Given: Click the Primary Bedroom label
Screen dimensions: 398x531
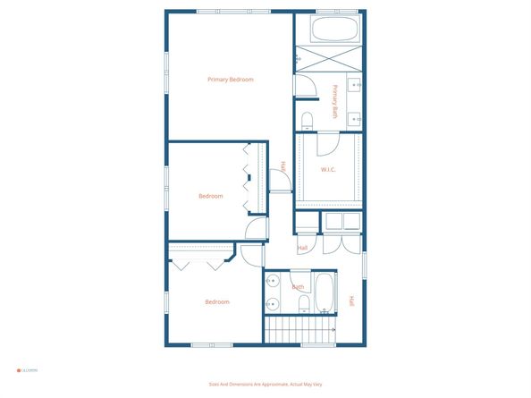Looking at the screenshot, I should point(231,80).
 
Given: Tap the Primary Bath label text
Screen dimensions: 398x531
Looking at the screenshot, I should point(335,101).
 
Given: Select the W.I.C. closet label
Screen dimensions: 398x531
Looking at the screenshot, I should point(328,169).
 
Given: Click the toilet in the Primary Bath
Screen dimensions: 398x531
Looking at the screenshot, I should point(307,120).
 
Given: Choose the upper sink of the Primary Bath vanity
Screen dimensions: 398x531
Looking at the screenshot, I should point(355,87).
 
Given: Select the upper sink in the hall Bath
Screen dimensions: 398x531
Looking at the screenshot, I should point(272,284).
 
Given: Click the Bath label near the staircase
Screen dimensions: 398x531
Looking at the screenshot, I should point(298,287).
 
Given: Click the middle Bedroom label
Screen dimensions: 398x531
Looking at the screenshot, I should point(211,196).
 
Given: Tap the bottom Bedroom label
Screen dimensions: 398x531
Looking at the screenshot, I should point(217,301).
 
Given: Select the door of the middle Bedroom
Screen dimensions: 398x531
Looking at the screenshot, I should point(257,229).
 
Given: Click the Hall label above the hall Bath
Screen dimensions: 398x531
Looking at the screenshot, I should point(302,248).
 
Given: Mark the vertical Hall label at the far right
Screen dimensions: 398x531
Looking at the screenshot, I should point(352,301).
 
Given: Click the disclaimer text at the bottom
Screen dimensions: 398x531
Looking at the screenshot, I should point(265,384).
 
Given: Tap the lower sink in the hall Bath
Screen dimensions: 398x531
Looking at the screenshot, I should point(272,305).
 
